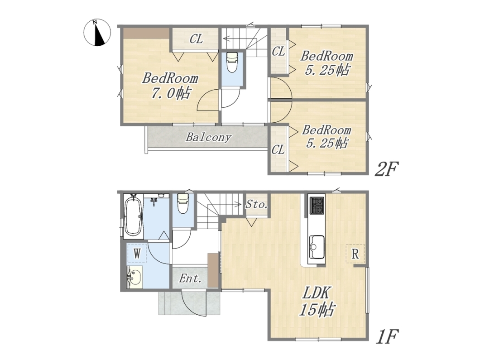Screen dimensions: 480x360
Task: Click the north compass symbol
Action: (x=97, y=32)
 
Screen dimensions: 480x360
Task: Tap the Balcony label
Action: (x=208, y=137)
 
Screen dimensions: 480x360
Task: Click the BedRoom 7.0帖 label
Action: (x=170, y=86)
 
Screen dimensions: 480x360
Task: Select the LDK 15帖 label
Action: (x=317, y=302)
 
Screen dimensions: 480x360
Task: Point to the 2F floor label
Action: (x=386, y=168)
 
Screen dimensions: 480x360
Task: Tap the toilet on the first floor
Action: (x=183, y=203)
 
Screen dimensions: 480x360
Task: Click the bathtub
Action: (x=133, y=216)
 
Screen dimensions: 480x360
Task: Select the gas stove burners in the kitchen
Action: (x=317, y=206)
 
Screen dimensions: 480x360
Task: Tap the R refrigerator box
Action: (x=355, y=254)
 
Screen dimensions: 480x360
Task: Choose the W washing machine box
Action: (x=137, y=253)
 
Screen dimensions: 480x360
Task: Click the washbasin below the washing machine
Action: (x=134, y=277)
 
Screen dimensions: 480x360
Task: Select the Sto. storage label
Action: (x=257, y=204)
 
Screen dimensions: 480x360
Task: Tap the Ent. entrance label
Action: (x=190, y=278)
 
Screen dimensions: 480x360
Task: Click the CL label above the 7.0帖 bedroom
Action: (x=196, y=39)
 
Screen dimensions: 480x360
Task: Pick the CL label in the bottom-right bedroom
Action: (x=278, y=150)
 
